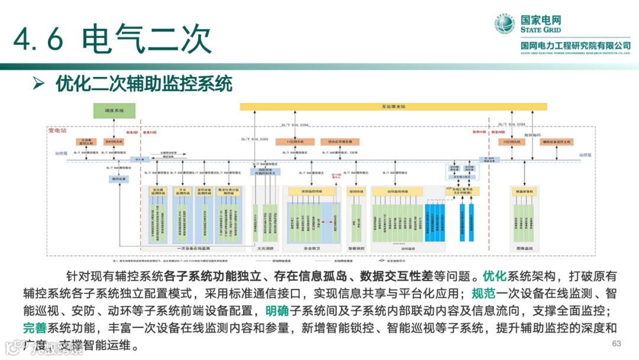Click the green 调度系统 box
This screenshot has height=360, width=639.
point(114,111)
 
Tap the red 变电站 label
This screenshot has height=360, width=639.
point(57,130)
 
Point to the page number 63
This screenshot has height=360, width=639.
point(617,344)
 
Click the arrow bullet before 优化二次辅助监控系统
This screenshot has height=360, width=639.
point(38,84)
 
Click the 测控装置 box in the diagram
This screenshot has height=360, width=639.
point(119,178)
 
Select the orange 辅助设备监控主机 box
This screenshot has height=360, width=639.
point(556,142)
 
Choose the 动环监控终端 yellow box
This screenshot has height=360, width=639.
point(397,192)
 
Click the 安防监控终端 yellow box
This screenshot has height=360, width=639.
point(311,192)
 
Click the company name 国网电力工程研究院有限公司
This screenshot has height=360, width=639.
point(575,46)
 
